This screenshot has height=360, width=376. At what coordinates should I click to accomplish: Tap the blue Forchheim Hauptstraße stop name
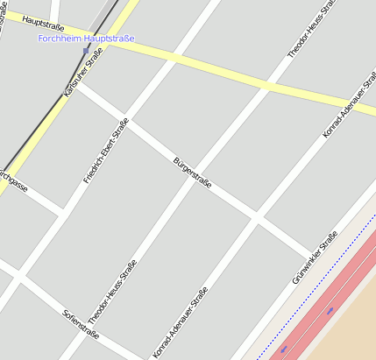click(x=86, y=39)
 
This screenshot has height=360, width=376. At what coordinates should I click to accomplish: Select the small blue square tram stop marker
click(x=85, y=51)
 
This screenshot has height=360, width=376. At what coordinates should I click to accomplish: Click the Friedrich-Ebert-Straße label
click(x=106, y=151)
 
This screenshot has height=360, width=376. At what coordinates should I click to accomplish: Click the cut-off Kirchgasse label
click(x=13, y=182)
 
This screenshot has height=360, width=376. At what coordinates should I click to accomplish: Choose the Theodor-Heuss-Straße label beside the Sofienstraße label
click(x=111, y=294)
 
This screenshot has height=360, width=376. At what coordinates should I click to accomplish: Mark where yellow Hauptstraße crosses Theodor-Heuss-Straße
click(x=266, y=87)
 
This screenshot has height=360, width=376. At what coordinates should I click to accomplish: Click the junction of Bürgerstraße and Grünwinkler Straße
click(x=310, y=254)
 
